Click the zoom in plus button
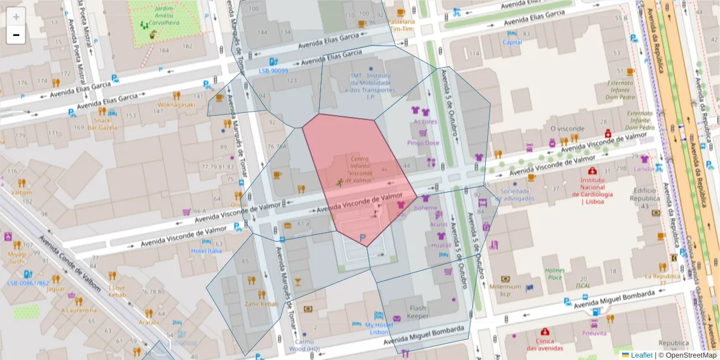(x=16, y=17)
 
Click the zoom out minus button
(x=16, y=35)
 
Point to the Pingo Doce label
(x=424, y=143)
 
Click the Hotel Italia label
(x=206, y=251)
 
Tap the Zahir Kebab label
(x=262, y=304)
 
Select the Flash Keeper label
(x=418, y=313)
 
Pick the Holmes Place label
(x=556, y=274)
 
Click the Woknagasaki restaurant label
(x=176, y=104)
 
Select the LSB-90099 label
(x=274, y=70)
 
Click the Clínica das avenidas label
(x=544, y=344)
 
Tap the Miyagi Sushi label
(x=17, y=257)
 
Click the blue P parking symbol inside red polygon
(x=362, y=239)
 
